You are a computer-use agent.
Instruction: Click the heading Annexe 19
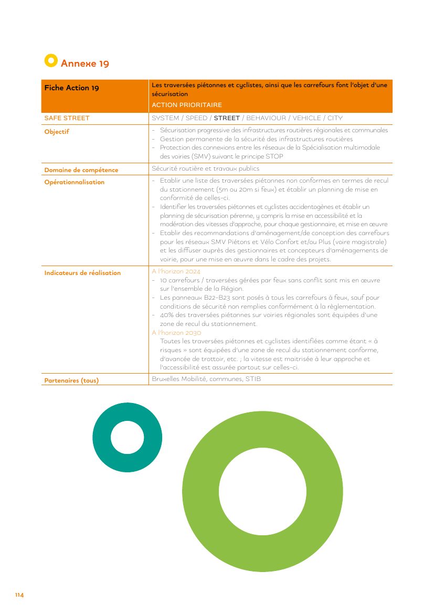tap(85, 63)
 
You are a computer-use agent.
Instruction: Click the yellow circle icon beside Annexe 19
tap(51, 61)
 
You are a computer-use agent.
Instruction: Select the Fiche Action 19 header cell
tap(71, 88)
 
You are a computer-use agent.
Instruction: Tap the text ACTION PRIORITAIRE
tap(187, 105)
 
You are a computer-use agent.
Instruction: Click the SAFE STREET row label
tap(67, 118)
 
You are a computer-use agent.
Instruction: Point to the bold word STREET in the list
tap(227, 118)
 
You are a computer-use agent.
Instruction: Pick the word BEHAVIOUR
tap(266, 118)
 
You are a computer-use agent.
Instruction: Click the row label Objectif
tap(57, 132)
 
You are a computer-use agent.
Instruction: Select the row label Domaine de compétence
tap(81, 170)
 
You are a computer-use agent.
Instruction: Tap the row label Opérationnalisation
tap(75, 182)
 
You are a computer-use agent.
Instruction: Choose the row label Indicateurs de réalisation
tap(82, 273)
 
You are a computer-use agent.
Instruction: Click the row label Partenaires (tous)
tap(71, 380)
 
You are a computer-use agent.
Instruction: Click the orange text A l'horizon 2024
tap(176, 272)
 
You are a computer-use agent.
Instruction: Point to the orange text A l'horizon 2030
tap(176, 333)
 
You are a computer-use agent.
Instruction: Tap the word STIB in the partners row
tap(253, 378)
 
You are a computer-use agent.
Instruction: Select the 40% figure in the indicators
tap(167, 315)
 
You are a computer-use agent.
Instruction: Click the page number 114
tap(19, 595)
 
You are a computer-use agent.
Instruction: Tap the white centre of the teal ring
tap(127, 437)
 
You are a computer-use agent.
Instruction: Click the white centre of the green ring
tap(262, 491)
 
